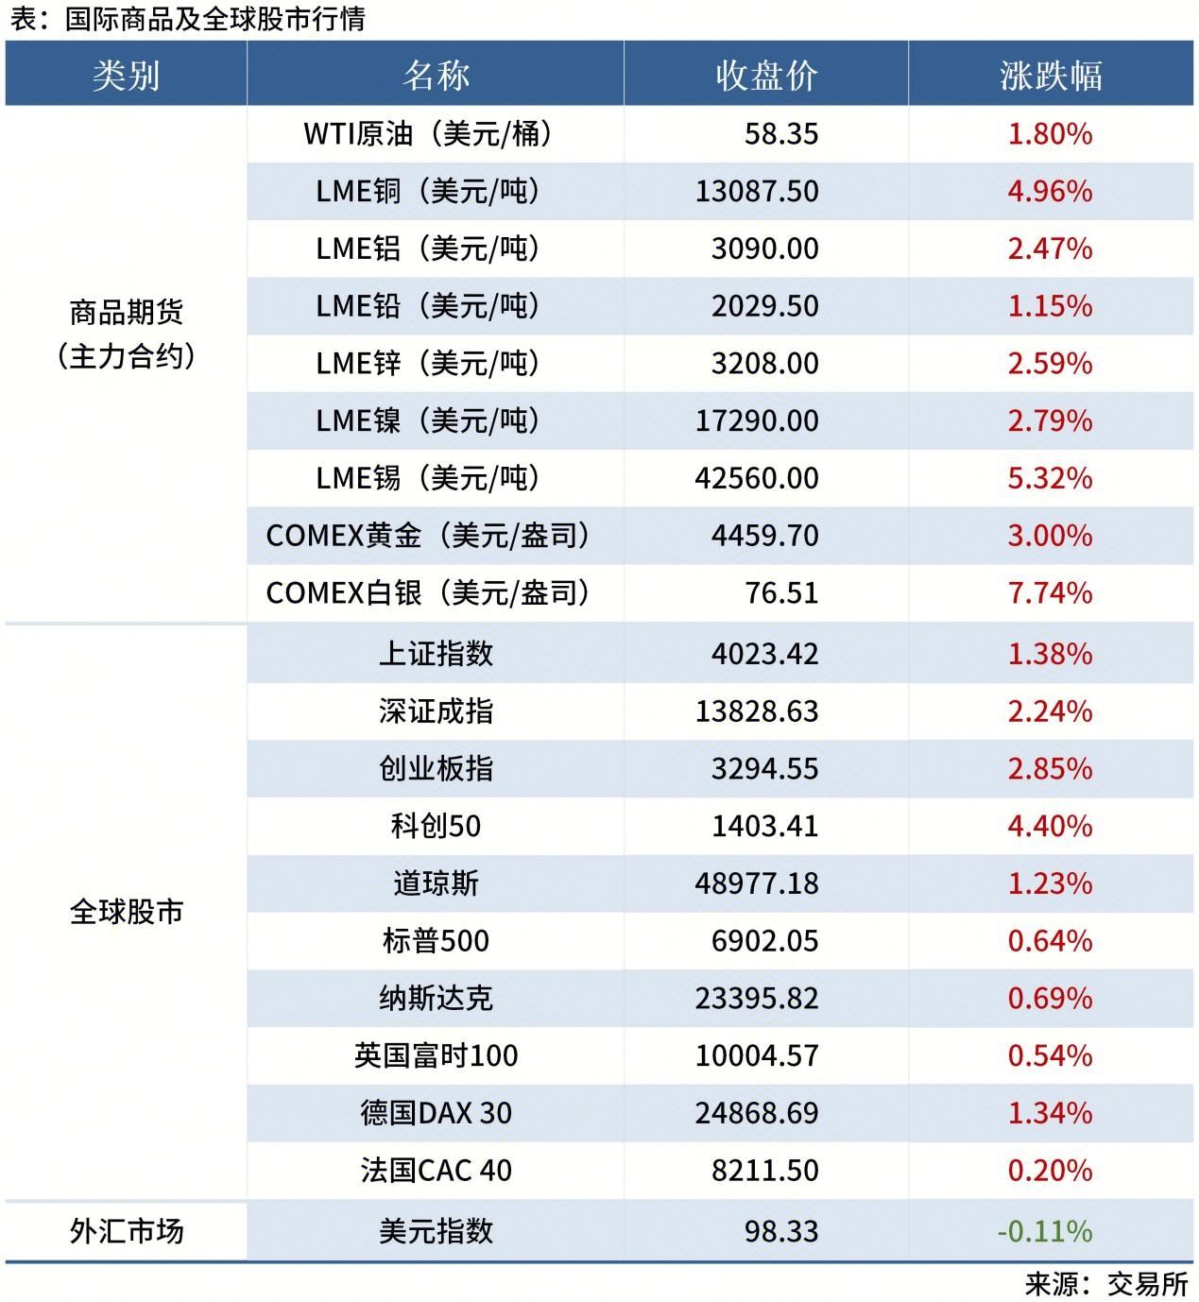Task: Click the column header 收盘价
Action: [765, 75]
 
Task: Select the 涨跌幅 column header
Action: [1050, 75]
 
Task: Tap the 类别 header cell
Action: [126, 75]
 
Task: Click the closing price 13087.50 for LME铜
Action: [757, 191]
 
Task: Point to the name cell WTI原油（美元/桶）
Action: [428, 133]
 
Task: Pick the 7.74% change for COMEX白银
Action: [1050, 592]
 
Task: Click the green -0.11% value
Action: [1044, 1231]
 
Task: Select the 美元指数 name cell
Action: [436, 1231]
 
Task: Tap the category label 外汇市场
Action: [126, 1231]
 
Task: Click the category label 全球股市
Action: [126, 912]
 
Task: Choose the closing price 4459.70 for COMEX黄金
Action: [764, 536]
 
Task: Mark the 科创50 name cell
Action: [436, 826]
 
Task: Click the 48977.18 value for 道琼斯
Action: [757, 883]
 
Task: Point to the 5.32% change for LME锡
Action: [1050, 478]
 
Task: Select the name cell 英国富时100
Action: [436, 1055]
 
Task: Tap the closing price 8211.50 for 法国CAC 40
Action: [764, 1171]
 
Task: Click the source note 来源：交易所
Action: [1105, 1284]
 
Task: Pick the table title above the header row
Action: [187, 19]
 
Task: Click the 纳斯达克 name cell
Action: [436, 999]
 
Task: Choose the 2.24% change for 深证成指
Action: [1050, 711]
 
